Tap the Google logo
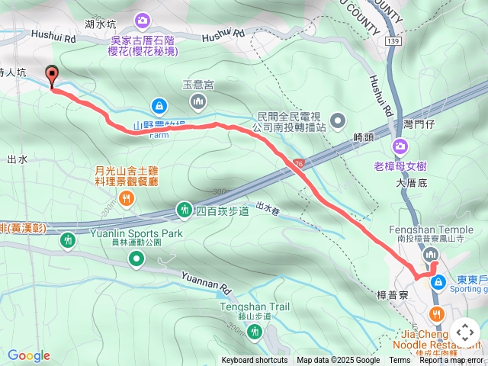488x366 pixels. click(x=29, y=355)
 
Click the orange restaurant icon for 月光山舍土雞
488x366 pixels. click(x=127, y=199)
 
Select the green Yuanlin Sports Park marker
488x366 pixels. click(x=136, y=260)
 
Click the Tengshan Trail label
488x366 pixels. click(x=255, y=307)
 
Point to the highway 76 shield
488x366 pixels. click(x=297, y=163)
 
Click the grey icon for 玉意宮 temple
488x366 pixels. click(x=198, y=101)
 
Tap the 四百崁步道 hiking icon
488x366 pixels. click(x=184, y=209)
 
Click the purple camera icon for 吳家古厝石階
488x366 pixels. click(x=143, y=20)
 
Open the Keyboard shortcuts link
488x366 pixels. click(x=255, y=361)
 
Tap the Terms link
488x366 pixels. click(x=400, y=361)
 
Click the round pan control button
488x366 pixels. click(x=464, y=332)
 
